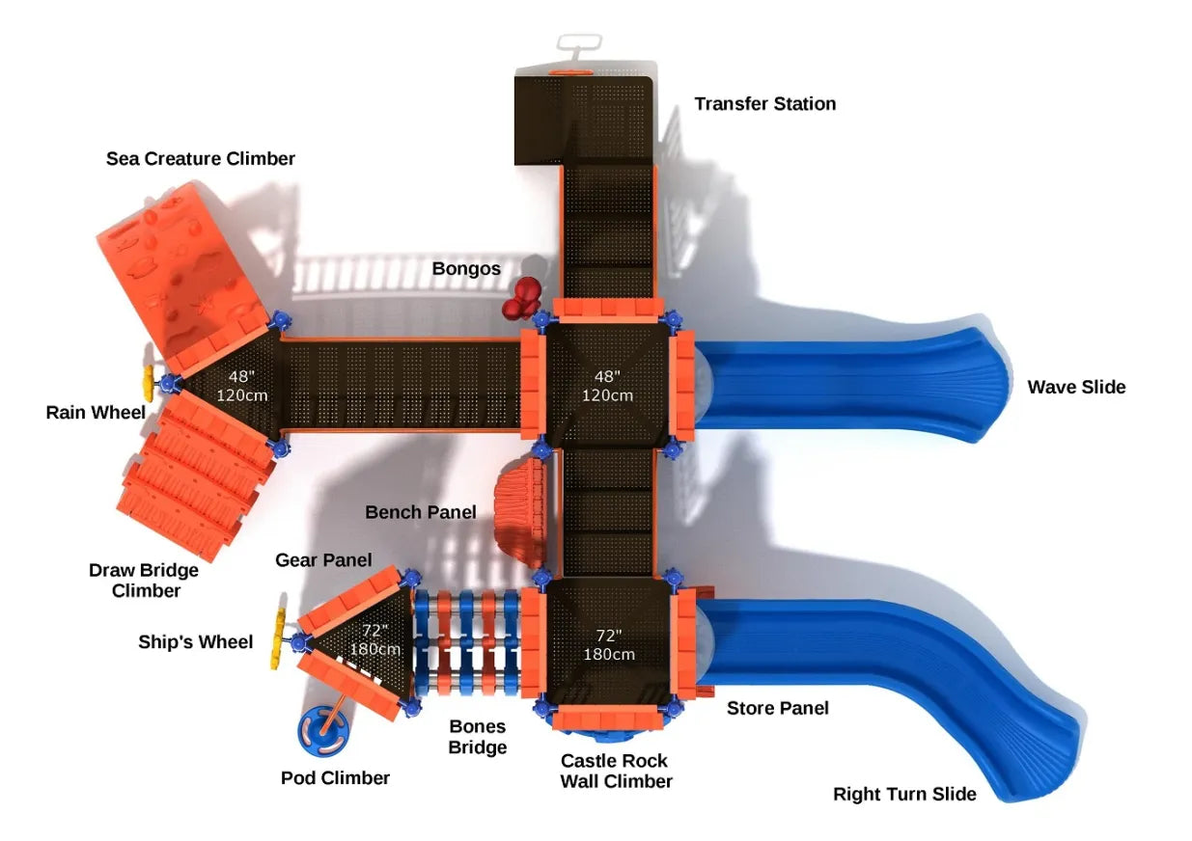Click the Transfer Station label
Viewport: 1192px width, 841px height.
(764, 104)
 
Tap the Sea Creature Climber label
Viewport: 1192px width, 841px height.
(201, 159)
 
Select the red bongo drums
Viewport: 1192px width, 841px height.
(522, 297)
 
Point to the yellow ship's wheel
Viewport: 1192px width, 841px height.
(278, 641)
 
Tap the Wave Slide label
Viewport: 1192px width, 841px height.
(1076, 388)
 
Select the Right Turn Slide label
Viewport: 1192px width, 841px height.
(904, 795)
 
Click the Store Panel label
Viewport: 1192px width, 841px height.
(777, 709)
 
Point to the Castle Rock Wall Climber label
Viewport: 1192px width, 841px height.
(616, 772)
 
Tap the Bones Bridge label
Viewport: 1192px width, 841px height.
(478, 737)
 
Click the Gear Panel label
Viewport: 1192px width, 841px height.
(323, 560)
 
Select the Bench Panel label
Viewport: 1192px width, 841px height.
(420, 513)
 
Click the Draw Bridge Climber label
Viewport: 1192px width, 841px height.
(144, 581)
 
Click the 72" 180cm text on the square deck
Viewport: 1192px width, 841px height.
(608, 645)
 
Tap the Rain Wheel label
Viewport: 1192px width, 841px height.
(96, 414)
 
